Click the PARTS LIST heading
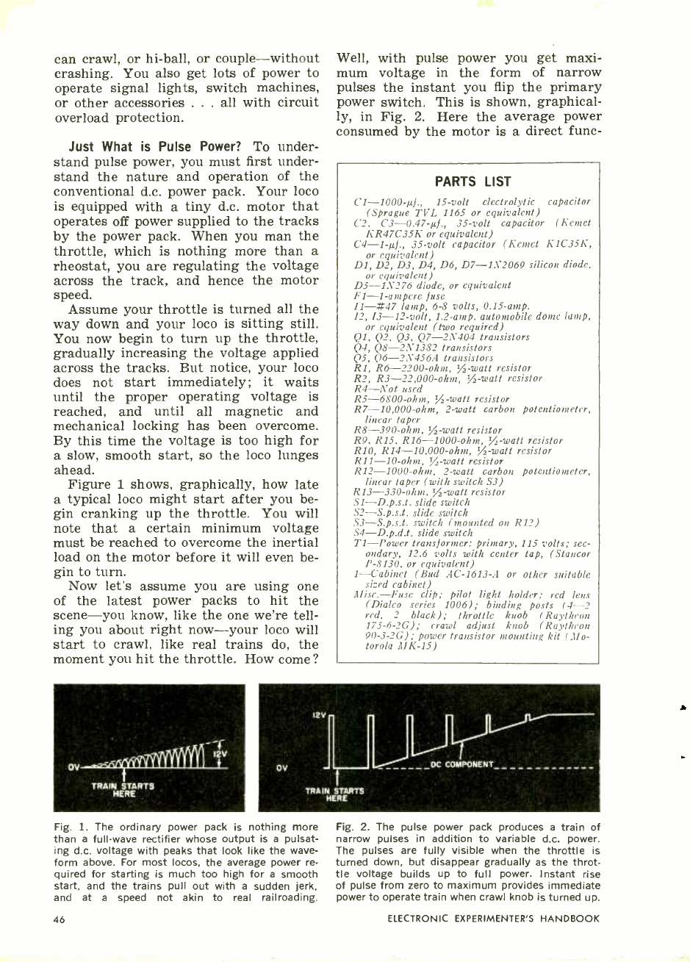(472, 182)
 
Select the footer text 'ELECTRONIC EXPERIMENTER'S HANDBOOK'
(493, 919)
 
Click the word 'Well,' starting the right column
(352, 58)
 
